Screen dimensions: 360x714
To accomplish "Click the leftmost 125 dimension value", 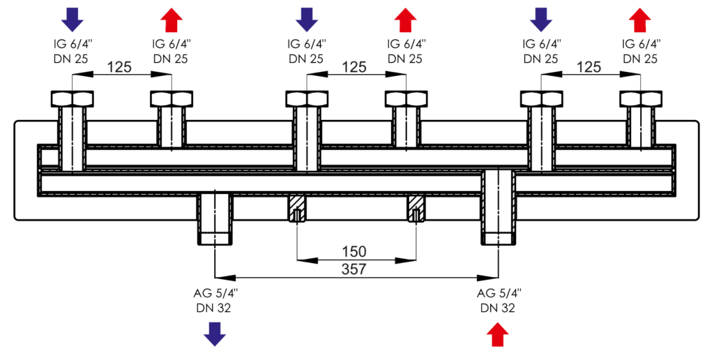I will tap(120, 67).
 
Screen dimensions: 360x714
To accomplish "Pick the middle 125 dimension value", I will tap(354, 67).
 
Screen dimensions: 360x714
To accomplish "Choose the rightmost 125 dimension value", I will tap(589, 67).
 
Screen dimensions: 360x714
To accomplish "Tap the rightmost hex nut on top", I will tap(641, 98).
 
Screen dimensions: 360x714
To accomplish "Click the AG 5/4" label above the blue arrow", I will tap(215, 293).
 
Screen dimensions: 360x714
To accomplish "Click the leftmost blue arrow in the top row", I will tap(71, 19).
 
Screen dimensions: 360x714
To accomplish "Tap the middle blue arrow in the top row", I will tap(306, 19).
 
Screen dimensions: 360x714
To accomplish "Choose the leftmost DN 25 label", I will tap(71, 59).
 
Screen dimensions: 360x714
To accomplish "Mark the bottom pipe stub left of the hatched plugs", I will tap(215, 219).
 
